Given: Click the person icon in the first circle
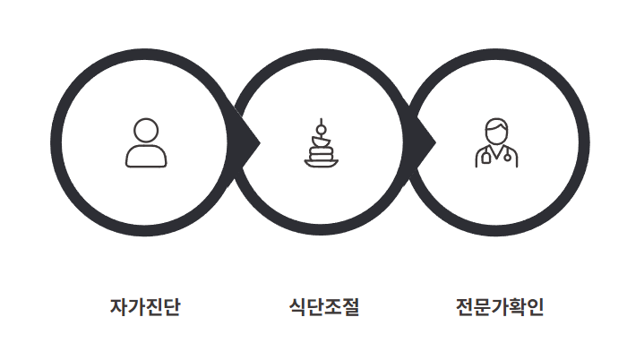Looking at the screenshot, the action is [146, 143].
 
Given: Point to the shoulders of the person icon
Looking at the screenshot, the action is [146, 157].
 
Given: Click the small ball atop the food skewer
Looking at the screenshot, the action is [321, 122].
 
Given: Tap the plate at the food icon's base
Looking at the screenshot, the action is [321, 163].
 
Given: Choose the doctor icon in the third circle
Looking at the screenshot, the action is [496, 143].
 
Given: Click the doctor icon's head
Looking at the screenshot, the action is [496, 131].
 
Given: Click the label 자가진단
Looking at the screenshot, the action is [145, 307].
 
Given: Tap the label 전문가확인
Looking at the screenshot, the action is [500, 307].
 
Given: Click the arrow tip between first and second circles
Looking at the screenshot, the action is [257, 141].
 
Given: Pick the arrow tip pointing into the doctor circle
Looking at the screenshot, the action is [434, 141].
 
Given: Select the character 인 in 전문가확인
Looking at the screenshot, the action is [535, 307].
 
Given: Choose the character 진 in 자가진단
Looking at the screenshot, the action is [154, 307].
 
